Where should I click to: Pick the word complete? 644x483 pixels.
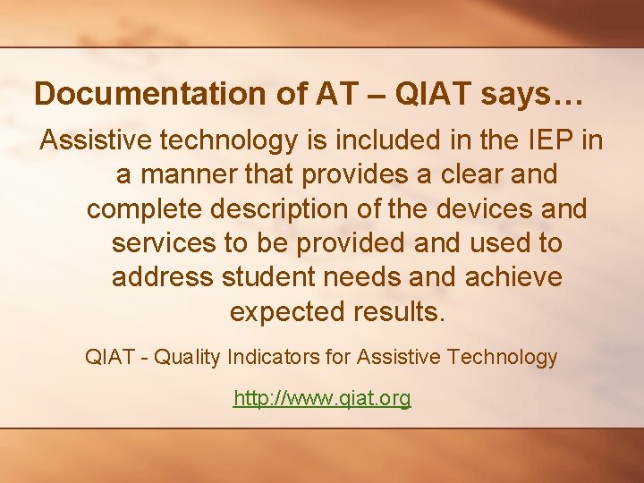coord(141,209)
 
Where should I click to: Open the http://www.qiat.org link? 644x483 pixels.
coord(322,398)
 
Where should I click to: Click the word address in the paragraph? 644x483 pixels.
coord(162,278)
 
